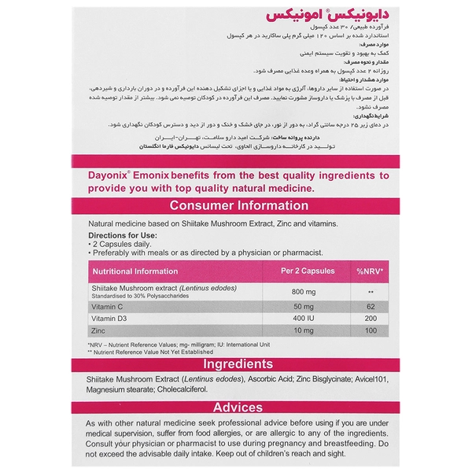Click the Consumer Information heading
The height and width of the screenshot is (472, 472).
tap(236, 206)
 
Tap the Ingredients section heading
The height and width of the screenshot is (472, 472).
tap(236, 365)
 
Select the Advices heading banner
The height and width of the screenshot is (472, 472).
tap(236, 407)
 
